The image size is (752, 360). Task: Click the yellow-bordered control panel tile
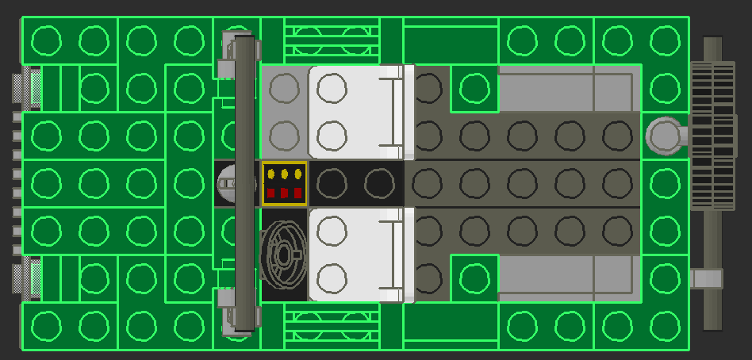[x=285, y=183]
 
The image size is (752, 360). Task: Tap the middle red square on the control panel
[x=284, y=193]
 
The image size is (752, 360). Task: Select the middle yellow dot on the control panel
[x=284, y=173]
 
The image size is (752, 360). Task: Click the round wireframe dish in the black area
[x=283, y=254]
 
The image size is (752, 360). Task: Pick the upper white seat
[x=353, y=112]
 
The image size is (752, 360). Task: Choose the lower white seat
[x=353, y=255]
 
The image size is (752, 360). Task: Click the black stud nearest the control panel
[x=332, y=184]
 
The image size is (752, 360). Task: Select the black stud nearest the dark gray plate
[x=379, y=184]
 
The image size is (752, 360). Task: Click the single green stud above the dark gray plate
[x=474, y=88]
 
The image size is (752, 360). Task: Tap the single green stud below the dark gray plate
[x=474, y=278]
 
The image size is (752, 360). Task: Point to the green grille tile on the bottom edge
[x=332, y=326]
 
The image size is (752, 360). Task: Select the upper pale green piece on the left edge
[x=36, y=88]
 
